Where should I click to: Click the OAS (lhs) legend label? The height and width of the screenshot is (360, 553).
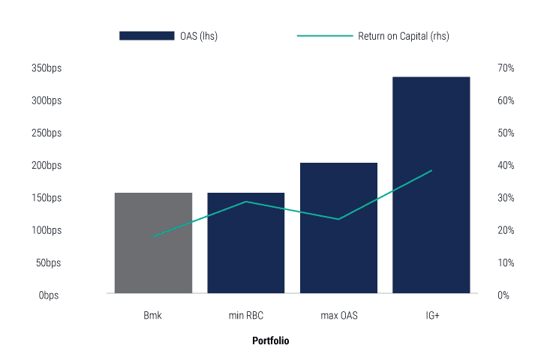pyautogui.click(x=199, y=35)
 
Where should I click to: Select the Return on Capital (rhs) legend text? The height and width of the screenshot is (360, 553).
pyautogui.click(x=403, y=35)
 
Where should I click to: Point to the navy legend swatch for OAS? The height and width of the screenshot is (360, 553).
pyautogui.click(x=146, y=35)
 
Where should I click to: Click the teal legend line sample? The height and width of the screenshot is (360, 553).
pyautogui.click(x=324, y=35)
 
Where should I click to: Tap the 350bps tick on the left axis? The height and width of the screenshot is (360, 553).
pyautogui.click(x=47, y=68)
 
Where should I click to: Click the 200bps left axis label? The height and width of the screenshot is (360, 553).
pyautogui.click(x=47, y=166)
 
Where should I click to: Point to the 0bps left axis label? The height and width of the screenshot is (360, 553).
pyautogui.click(x=50, y=295)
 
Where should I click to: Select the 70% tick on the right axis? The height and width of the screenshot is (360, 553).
pyautogui.click(x=505, y=68)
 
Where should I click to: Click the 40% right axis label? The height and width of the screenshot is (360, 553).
pyautogui.click(x=505, y=166)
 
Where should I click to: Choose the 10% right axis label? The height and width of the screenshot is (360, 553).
pyautogui.click(x=505, y=263)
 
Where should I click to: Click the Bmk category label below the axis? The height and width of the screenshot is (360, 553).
pyautogui.click(x=153, y=316)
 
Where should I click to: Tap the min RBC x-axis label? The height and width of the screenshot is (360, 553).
pyautogui.click(x=245, y=316)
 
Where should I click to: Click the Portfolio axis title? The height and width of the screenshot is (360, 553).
pyautogui.click(x=270, y=340)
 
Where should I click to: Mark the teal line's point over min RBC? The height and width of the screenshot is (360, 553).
pyautogui.click(x=245, y=202)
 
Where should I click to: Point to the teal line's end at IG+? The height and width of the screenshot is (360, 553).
pyautogui.click(x=431, y=170)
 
